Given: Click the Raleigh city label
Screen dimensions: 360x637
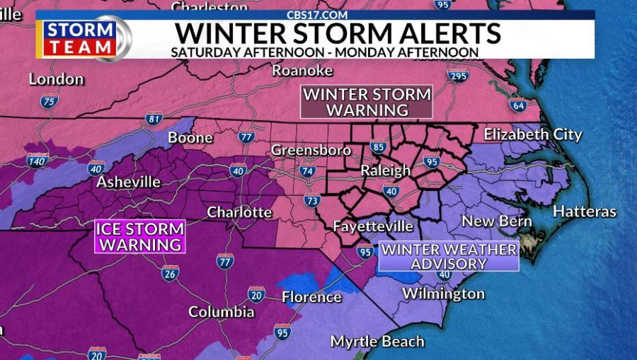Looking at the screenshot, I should [385, 170].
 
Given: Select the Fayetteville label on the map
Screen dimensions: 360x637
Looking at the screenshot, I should [372, 227].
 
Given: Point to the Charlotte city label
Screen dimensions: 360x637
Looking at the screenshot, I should [239, 212].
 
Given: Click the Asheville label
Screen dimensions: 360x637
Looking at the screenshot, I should [128, 182].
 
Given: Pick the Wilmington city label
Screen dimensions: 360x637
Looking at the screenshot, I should [443, 294].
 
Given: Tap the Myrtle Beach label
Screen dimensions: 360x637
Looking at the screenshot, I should [377, 342].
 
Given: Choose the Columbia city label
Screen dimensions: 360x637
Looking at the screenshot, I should [221, 312].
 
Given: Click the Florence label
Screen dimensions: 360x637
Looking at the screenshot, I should [311, 297].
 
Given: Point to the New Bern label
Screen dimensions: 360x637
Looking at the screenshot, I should [496, 221].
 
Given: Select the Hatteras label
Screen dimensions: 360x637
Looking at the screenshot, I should [584, 211].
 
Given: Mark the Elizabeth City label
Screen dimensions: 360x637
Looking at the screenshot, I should [532, 134].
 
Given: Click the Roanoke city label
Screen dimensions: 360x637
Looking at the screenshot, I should [302, 70].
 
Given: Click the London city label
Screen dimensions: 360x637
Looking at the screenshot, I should [56, 79].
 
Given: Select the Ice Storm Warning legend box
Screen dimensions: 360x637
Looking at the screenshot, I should [140, 237].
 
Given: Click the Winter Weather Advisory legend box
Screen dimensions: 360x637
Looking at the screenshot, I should [449, 256].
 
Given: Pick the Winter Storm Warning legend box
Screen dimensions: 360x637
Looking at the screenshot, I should [367, 102].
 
